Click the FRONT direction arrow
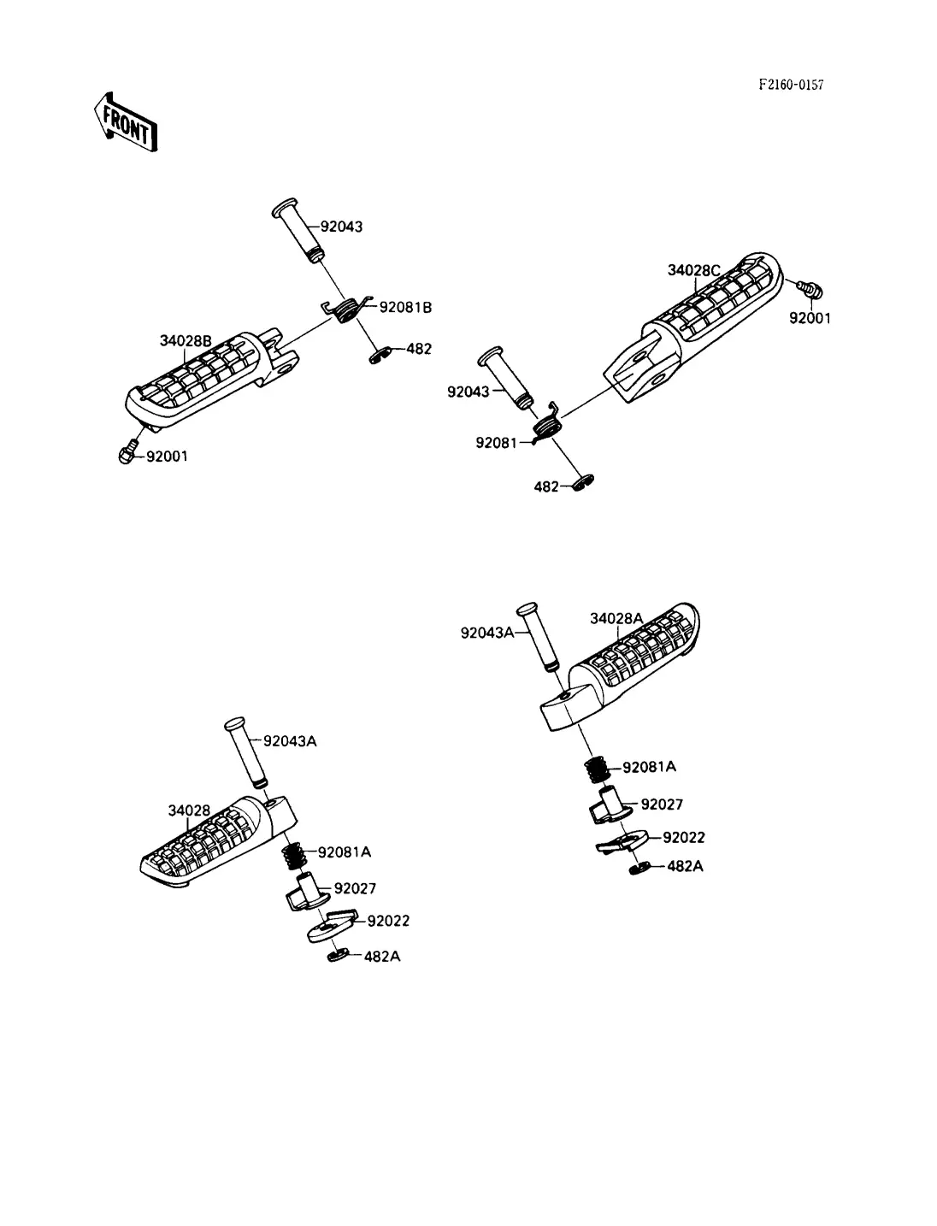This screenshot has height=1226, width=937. pyautogui.click(x=126, y=122)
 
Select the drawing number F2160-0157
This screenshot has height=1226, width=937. pyautogui.click(x=791, y=85)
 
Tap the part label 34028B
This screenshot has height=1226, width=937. pyautogui.click(x=186, y=341)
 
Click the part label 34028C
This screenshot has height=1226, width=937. pyautogui.click(x=693, y=270)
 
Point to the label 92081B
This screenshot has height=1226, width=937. pyautogui.click(x=405, y=308)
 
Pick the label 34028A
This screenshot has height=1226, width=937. pyautogui.click(x=616, y=619)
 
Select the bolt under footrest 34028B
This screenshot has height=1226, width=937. pyautogui.click(x=128, y=452)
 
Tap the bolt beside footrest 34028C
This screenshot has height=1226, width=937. pyautogui.click(x=810, y=289)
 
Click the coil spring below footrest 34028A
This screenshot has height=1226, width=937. pyautogui.click(x=597, y=770)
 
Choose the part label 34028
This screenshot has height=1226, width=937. pyautogui.click(x=189, y=810)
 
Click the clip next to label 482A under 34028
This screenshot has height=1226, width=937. pyautogui.click(x=338, y=955)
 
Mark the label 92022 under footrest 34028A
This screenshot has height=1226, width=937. pyautogui.click(x=683, y=837)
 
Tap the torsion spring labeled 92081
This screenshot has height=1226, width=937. pyautogui.click(x=546, y=424)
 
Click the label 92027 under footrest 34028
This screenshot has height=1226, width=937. pyautogui.click(x=355, y=888)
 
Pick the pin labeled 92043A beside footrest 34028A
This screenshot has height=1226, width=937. pyautogui.click(x=537, y=637)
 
